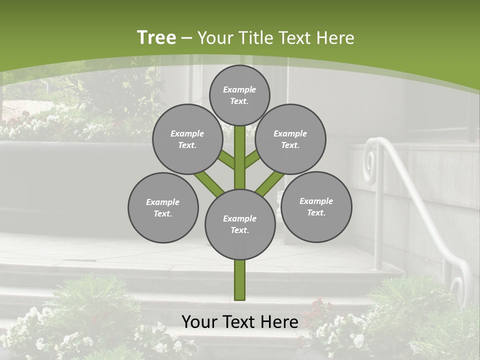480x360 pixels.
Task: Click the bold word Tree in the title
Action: pyautogui.click(x=156, y=38)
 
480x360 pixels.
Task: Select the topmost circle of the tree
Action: pyautogui.click(x=239, y=95)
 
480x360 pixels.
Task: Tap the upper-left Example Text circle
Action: pyautogui.click(x=187, y=139)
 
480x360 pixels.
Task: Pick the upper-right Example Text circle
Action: pyautogui.click(x=290, y=139)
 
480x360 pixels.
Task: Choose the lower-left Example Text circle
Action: pyautogui.click(x=163, y=207)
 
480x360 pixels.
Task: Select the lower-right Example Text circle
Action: pyautogui.click(x=316, y=206)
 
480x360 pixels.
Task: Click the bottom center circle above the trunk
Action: pyautogui.click(x=240, y=224)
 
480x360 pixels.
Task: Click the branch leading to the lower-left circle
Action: pyautogui.click(x=209, y=183)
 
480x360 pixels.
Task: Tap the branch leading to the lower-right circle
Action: pyautogui.click(x=269, y=183)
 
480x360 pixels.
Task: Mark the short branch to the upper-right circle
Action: pyautogui.click(x=252, y=159)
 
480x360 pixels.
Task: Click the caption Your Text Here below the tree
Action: pyautogui.click(x=240, y=322)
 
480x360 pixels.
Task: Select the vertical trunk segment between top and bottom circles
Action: pyautogui.click(x=240, y=157)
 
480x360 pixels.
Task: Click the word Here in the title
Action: pyautogui.click(x=336, y=38)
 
